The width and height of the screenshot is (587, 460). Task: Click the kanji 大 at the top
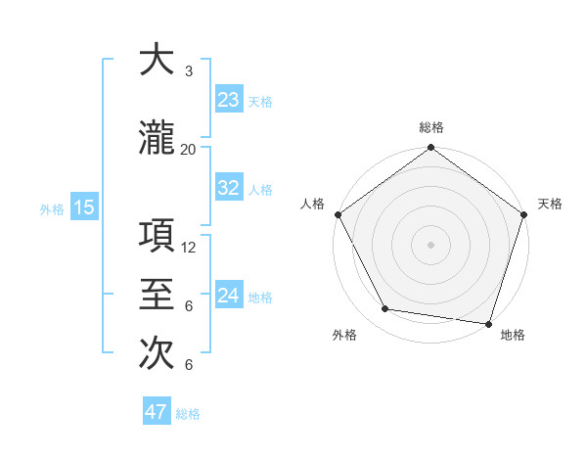[157, 60]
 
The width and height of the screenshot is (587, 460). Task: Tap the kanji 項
[157, 236]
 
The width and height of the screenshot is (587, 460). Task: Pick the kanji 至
[157, 295]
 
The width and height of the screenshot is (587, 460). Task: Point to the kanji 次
[157, 353]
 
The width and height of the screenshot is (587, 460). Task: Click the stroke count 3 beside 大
[188, 71]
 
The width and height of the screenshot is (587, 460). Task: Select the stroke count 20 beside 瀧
[188, 150]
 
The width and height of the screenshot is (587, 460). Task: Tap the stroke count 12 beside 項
[189, 248]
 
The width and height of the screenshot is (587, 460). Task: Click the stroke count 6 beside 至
[188, 306]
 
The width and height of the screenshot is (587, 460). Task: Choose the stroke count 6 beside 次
[188, 365]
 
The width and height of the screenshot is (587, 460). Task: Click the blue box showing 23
[228, 100]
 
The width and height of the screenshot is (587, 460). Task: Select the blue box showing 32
[228, 188]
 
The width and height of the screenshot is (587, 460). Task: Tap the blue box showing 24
[228, 296]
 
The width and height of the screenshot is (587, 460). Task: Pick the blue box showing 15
[83, 207]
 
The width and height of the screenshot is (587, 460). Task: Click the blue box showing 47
[156, 412]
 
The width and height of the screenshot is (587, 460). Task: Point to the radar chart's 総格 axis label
[431, 127]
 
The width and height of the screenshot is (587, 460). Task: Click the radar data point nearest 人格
[338, 214]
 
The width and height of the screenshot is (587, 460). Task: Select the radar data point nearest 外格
[385, 309]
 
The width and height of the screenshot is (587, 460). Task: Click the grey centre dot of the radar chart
[430, 244]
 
